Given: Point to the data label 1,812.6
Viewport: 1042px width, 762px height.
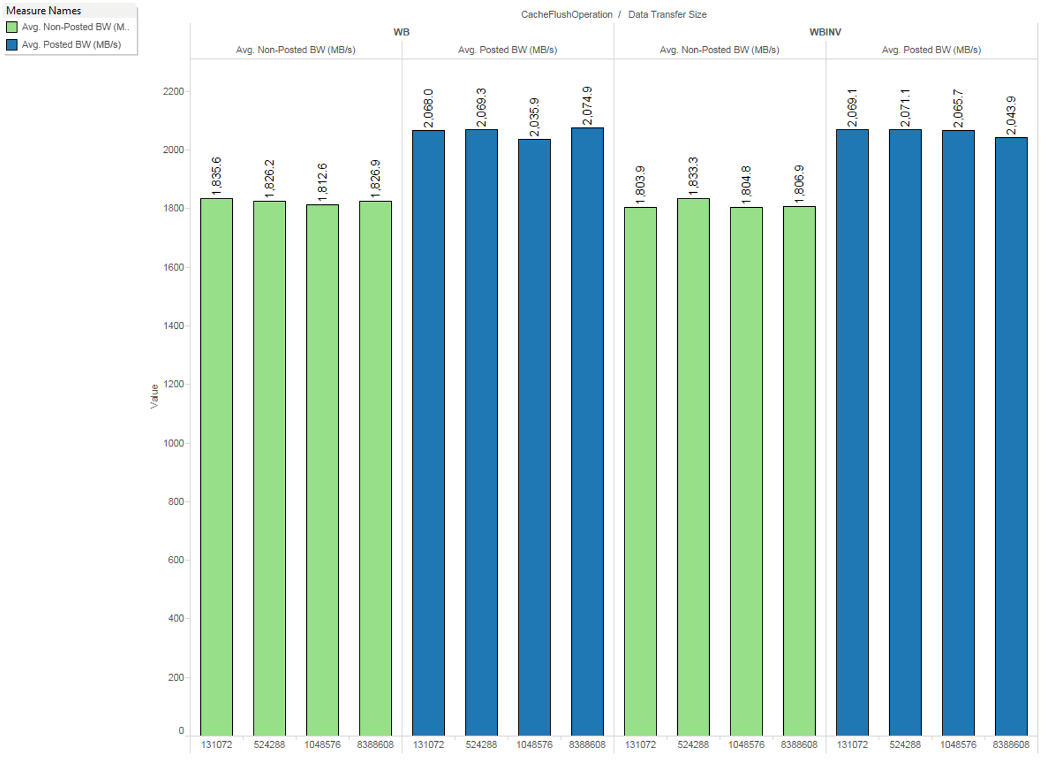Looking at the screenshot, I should point(322,182).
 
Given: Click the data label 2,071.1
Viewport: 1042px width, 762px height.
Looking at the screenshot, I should point(905,108).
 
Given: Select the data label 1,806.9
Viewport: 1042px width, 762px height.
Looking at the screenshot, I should point(799,184).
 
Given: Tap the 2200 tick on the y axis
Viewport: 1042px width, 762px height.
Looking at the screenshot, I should point(173,91).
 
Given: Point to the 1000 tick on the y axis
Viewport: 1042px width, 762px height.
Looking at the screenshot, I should point(173,443).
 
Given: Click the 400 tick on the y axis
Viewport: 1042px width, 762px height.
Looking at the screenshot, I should point(175,618).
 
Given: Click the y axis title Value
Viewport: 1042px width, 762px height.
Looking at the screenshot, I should point(154,396).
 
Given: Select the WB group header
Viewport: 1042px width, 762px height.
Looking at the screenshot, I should point(401,32).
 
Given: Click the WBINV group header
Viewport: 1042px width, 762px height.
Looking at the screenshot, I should point(825,32).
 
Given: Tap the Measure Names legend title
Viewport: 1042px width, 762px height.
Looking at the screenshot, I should point(43,10).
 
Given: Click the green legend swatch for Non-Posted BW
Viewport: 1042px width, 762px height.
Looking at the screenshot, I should point(12,27).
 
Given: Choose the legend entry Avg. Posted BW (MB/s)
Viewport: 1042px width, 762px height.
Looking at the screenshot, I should point(71,45).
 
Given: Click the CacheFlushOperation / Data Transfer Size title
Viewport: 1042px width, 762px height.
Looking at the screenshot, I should point(614,14).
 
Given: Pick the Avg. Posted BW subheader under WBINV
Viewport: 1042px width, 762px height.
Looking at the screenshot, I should point(931,50).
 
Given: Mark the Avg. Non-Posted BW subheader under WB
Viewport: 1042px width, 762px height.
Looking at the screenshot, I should point(295,50).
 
